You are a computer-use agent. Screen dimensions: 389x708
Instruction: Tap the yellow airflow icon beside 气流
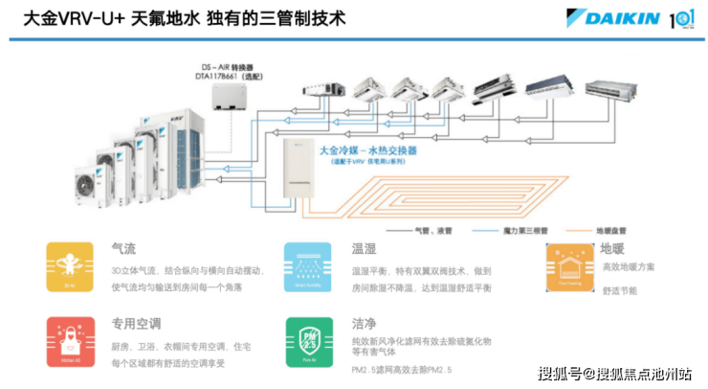click(70, 266)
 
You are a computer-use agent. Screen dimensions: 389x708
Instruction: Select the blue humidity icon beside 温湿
click(308, 266)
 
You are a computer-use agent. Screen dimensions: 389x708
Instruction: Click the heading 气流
click(122, 248)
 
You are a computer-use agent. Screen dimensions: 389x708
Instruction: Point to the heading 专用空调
click(137, 324)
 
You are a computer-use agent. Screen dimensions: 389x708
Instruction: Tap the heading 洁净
click(362, 324)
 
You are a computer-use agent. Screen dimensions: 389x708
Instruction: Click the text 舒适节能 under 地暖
click(619, 290)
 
